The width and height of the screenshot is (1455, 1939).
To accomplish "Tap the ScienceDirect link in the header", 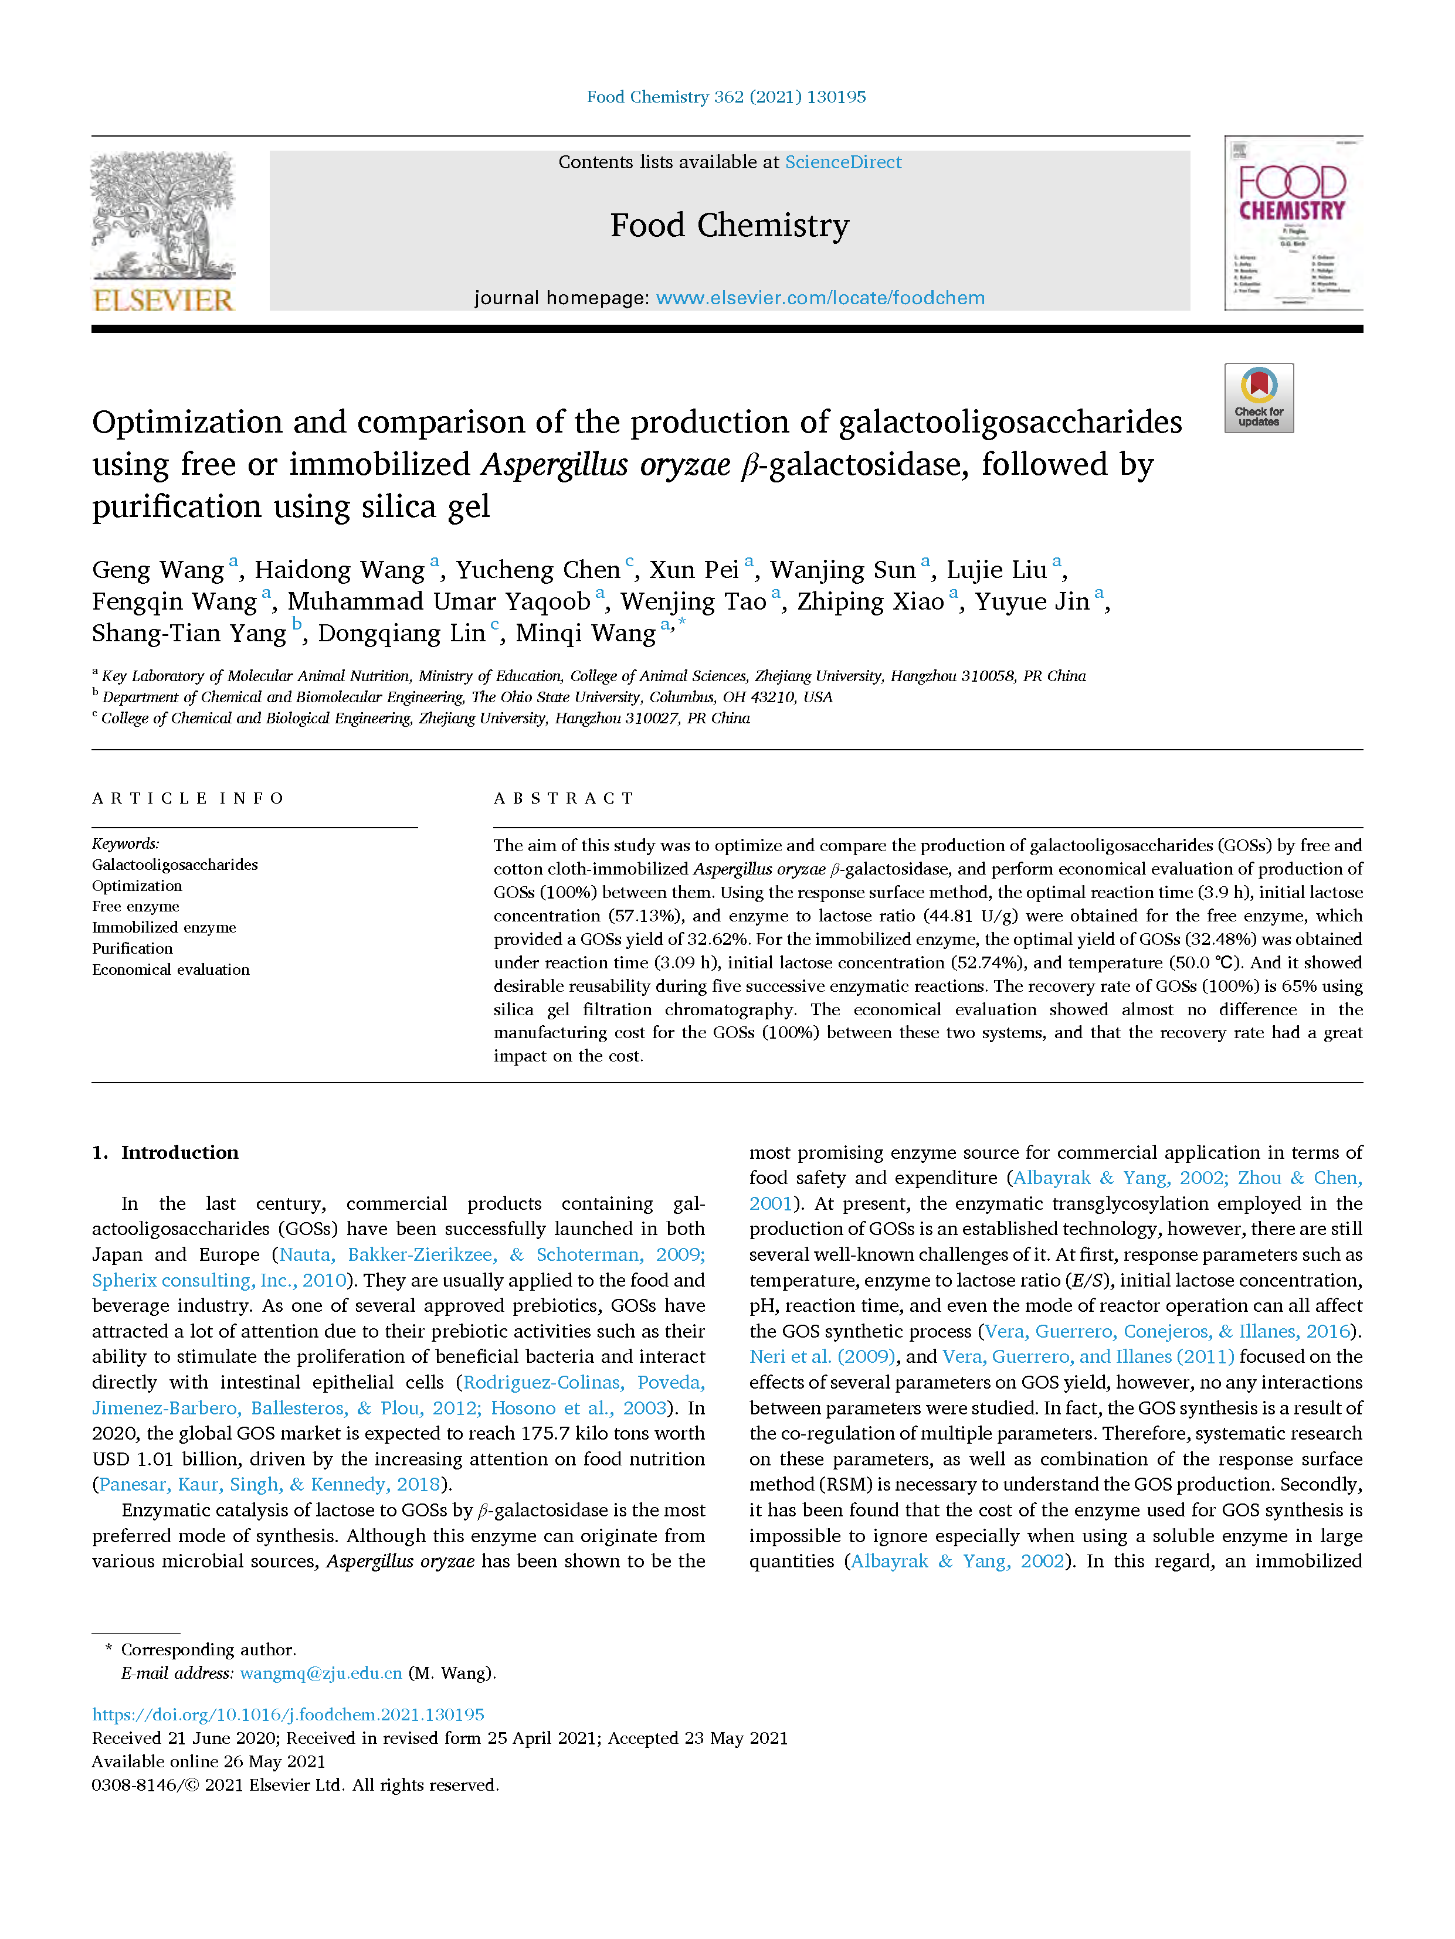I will click(842, 162).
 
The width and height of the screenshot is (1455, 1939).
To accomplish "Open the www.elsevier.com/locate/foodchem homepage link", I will click(820, 298).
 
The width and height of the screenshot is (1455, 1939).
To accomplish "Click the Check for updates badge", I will click(1259, 398).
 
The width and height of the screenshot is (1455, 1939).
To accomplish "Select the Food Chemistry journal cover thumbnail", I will click(1293, 223).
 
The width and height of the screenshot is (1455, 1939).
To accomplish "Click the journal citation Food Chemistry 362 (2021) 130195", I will click(726, 97).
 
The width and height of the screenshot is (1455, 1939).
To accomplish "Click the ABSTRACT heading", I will click(564, 798).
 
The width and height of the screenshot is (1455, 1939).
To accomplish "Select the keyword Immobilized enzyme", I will click(164, 927).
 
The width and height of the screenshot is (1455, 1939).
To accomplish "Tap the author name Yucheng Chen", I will click(538, 571).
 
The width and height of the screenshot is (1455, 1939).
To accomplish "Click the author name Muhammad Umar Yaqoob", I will click(439, 602).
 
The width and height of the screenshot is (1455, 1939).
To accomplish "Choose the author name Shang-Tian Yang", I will click(189, 634).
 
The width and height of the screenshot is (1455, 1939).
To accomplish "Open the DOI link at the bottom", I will click(288, 1715).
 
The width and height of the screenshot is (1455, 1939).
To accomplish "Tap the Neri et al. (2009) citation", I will click(822, 1357).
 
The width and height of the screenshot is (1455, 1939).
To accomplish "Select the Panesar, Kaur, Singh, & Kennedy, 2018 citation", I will click(269, 1485).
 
